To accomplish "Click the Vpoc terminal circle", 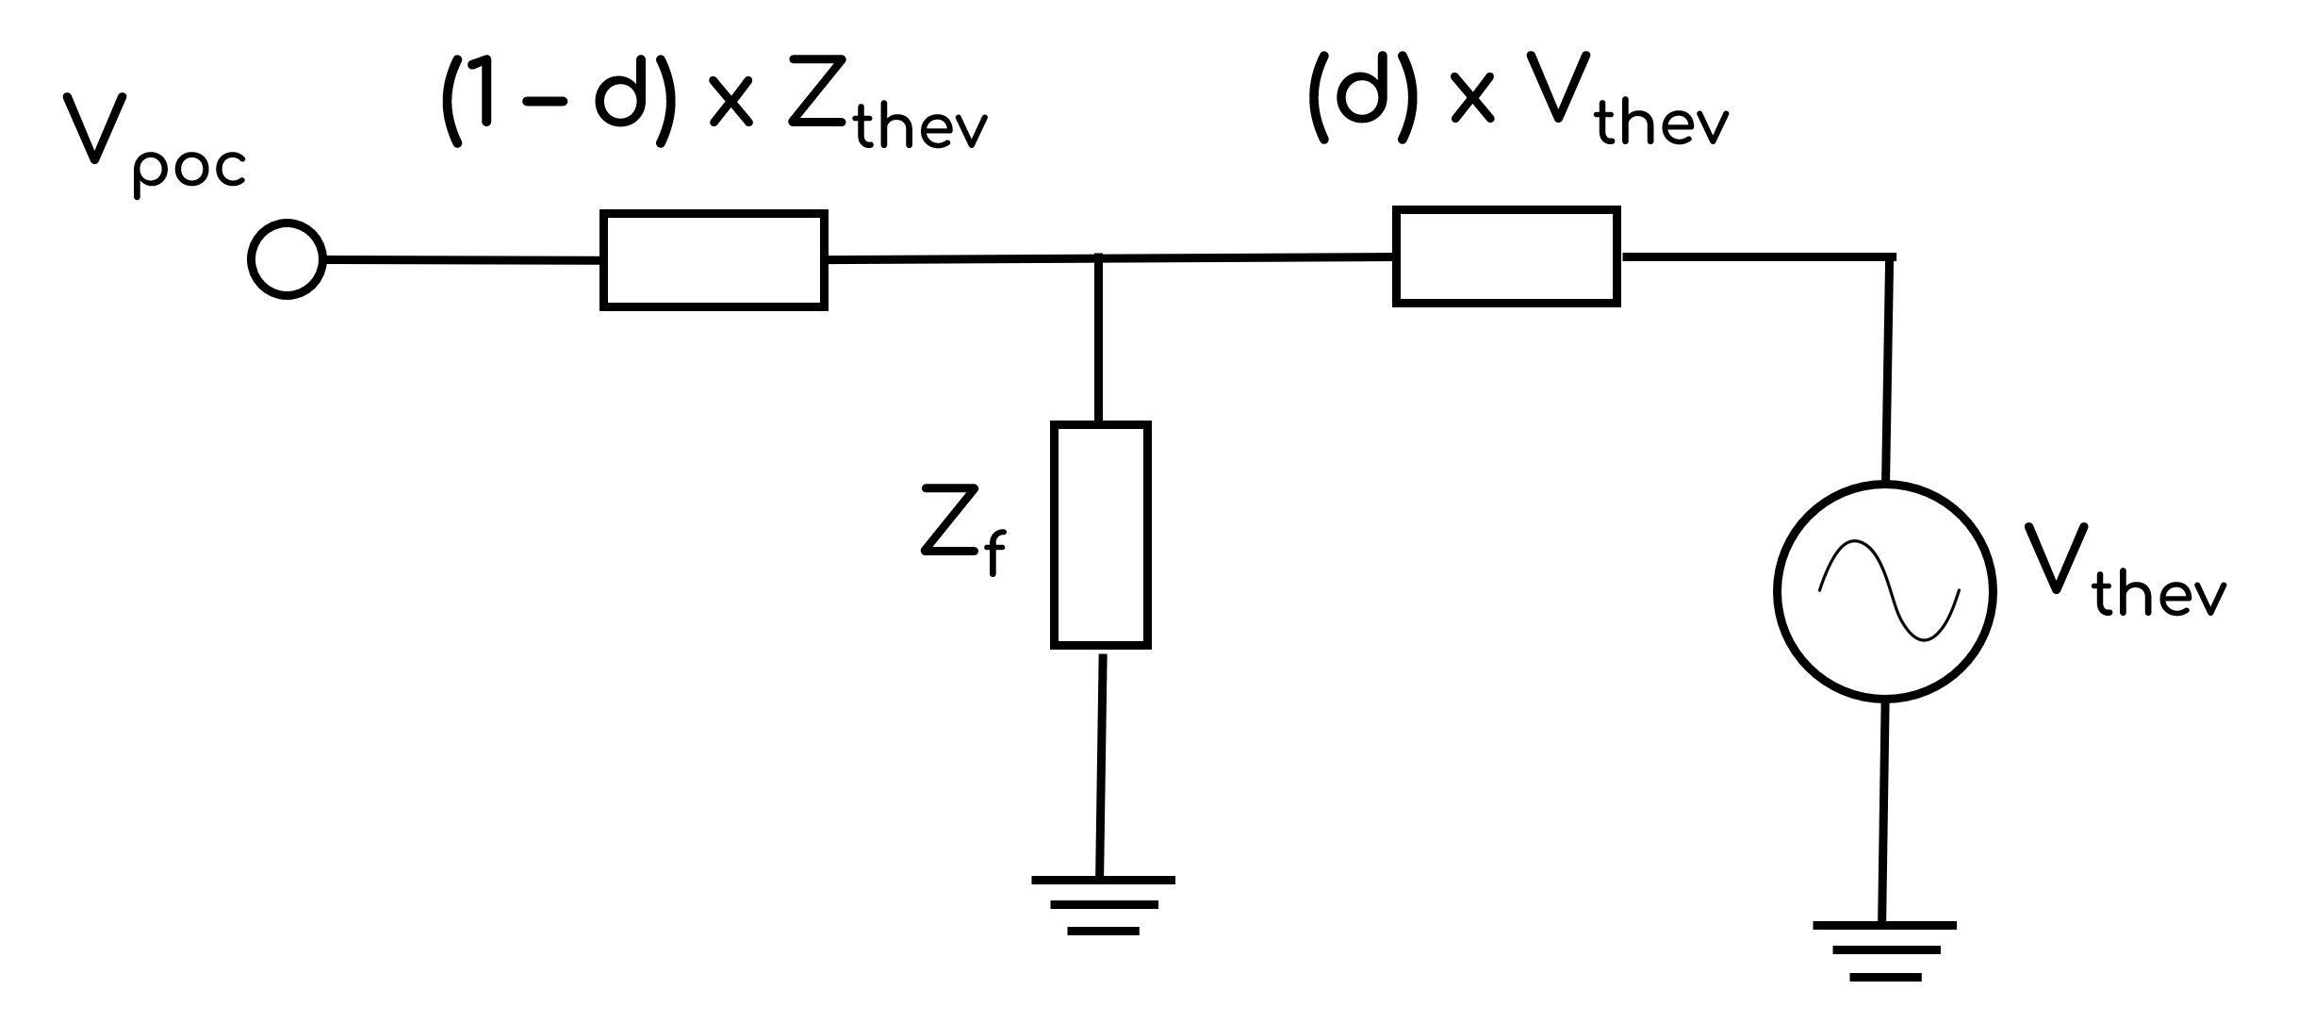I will tap(287, 259).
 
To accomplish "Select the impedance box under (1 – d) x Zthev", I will tap(714, 260).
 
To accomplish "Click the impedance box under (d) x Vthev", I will tap(1506, 256).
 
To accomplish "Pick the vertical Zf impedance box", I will tap(1100, 535).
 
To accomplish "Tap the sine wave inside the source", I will tap(1888, 591).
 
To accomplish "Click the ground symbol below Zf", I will tap(1103, 904).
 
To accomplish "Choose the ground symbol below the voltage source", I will tap(1883, 950).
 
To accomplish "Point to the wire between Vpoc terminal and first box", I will tap(462, 259).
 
